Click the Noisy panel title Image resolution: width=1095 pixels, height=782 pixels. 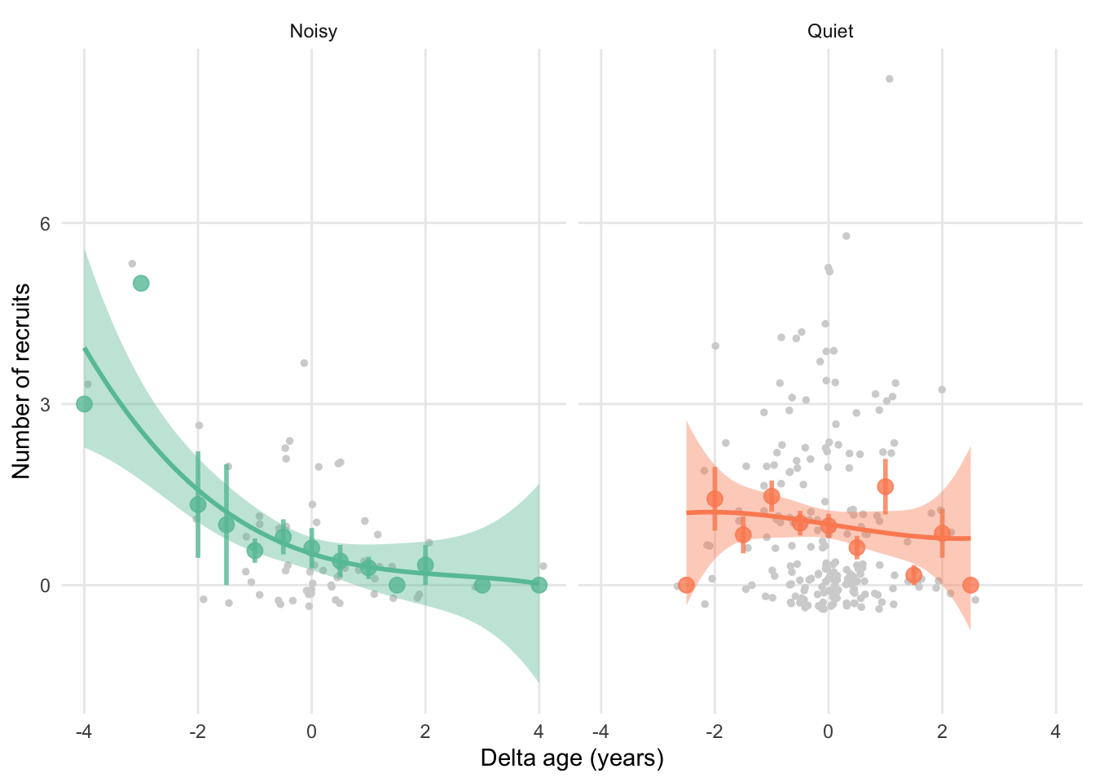coord(313,32)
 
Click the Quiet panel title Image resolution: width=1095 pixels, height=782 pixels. coord(830,32)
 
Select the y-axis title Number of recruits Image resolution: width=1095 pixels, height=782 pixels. coord(21,381)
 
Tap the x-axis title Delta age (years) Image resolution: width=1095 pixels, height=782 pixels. coord(572,758)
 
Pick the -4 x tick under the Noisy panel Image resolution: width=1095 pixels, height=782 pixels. coord(83,731)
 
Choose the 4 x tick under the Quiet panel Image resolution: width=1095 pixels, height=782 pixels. coord(1056,731)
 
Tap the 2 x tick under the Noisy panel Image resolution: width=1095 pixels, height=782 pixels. coord(425,731)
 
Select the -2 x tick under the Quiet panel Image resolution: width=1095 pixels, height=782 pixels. coord(713,731)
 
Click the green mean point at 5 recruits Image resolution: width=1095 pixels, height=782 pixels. coord(141,283)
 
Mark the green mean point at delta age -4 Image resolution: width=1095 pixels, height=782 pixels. coord(84,404)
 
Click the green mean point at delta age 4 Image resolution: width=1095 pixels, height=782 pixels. coord(539,585)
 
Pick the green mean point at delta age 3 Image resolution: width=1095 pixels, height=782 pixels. coord(482,585)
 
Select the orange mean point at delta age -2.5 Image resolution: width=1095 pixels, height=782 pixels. coord(686,585)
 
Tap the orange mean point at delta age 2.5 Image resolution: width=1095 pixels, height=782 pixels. coord(970,585)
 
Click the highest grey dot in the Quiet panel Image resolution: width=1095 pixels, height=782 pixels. coord(890,79)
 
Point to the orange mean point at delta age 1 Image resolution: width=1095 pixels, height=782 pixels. coord(885,486)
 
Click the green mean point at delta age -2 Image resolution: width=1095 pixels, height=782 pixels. coord(198,505)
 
